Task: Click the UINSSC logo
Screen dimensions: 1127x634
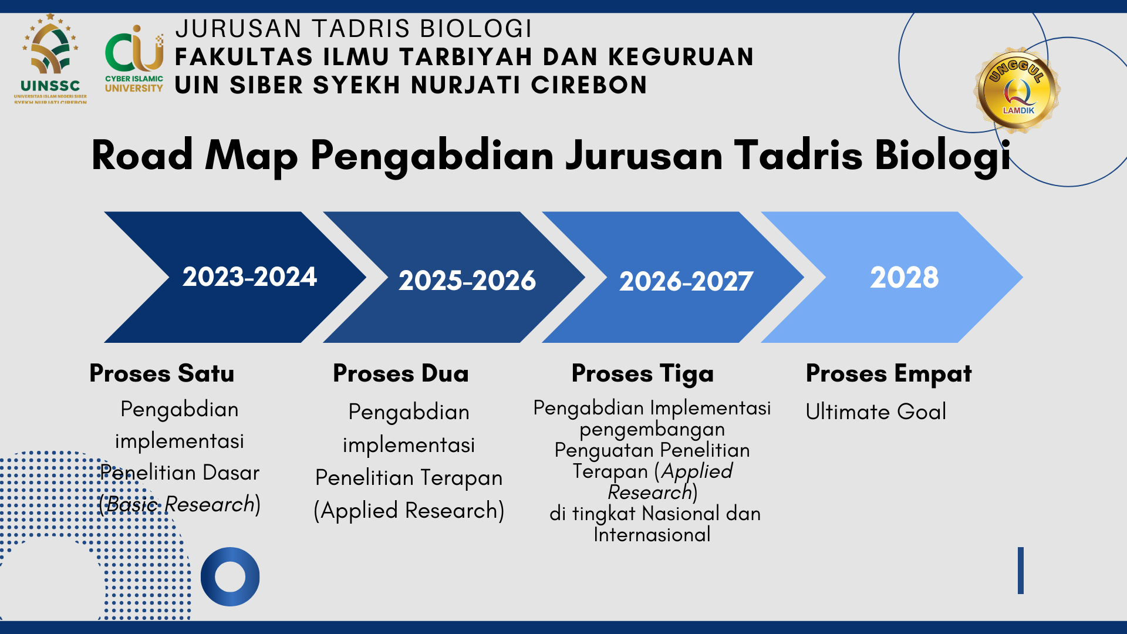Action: [50, 59]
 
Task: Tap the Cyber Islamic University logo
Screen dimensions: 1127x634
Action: [134, 59]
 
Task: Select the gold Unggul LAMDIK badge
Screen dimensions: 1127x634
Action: [1018, 90]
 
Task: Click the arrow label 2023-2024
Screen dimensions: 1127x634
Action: [249, 276]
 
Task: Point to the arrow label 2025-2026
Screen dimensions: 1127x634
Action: [467, 280]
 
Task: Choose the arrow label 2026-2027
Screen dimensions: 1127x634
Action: [686, 281]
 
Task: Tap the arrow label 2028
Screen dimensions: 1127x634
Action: [904, 277]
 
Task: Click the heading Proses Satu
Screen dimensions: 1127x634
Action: [162, 373]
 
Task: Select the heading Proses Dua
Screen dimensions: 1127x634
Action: [401, 373]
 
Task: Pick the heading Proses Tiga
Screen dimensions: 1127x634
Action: [643, 374]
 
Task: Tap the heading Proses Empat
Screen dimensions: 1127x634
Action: [889, 374]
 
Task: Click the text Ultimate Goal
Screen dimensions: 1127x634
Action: [876, 412]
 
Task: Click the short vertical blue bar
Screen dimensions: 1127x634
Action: [1021, 571]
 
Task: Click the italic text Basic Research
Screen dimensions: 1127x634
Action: [180, 504]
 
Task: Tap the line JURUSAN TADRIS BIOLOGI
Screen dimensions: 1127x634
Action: [353, 28]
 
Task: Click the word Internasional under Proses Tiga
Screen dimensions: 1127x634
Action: [652, 535]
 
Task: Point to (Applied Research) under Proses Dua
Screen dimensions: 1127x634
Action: [409, 511]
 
